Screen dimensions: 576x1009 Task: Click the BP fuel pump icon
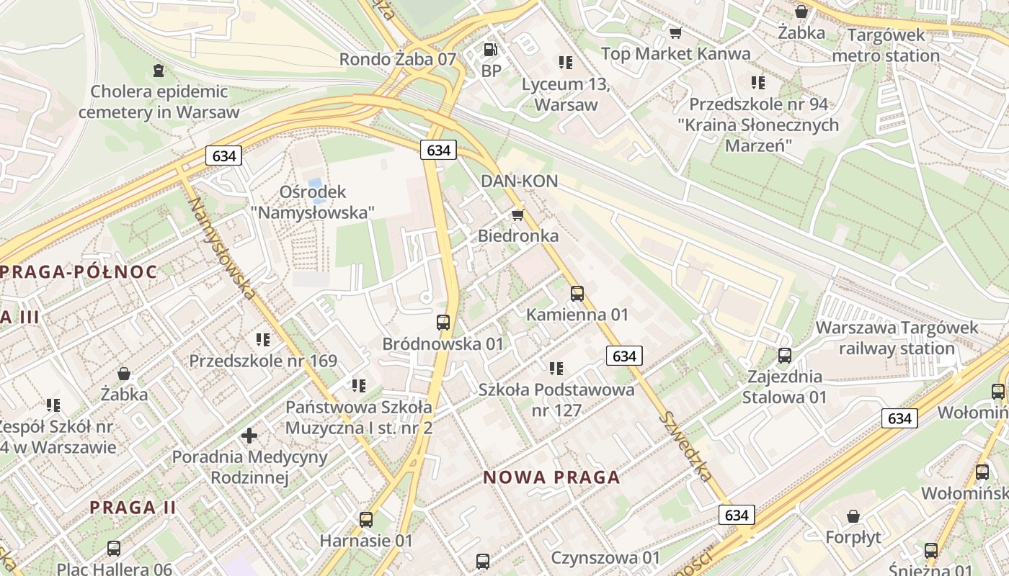[491, 50]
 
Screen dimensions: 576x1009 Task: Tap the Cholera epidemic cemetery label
[159, 102]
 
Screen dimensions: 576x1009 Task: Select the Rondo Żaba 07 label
[398, 59]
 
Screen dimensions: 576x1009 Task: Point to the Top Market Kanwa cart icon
[675, 32]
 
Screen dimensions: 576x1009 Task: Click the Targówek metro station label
[886, 45]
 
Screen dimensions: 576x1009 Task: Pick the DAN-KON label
[520, 181]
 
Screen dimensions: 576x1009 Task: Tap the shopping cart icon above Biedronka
[517, 215]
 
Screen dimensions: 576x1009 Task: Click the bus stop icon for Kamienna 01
[577, 293]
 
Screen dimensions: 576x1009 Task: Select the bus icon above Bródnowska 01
[443, 322]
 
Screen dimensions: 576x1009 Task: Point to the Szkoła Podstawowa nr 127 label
[556, 400]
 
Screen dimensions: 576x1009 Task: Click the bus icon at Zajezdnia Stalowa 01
[784, 355]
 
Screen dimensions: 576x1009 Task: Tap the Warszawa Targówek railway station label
[897, 338]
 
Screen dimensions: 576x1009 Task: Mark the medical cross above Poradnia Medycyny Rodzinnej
[249, 435]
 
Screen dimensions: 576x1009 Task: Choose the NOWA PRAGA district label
[551, 477]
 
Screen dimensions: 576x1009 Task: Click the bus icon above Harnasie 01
[366, 519]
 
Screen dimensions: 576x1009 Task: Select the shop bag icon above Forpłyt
[853, 516]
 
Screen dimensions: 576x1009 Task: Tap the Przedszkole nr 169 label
[263, 361]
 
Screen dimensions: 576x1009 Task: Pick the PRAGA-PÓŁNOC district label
[79, 272]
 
